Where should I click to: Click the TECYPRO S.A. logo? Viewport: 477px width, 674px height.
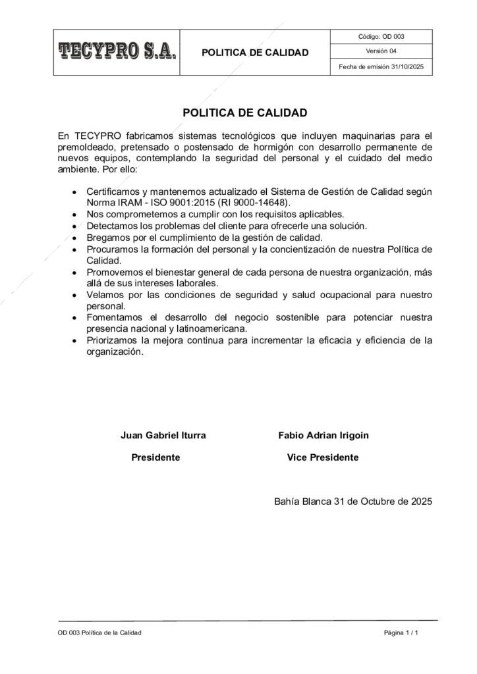pos(118,51)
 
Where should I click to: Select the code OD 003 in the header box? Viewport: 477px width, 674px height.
pos(381,37)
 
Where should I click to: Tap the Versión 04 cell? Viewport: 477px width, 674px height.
pos(381,51)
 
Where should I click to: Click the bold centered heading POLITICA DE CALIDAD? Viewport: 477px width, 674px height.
pos(244,113)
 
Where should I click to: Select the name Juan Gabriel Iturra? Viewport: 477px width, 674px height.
pos(163,435)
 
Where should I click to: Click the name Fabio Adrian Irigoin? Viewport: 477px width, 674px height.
pos(323,435)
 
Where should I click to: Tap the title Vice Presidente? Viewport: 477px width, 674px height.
pos(323,457)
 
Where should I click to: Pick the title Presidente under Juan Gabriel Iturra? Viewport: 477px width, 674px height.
pos(156,457)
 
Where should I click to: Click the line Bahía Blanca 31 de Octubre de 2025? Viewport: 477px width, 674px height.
pos(352,501)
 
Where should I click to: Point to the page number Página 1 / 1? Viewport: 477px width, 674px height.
pos(402,633)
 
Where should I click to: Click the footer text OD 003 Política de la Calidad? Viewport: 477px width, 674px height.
pos(99,633)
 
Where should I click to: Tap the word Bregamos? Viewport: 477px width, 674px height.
pos(108,237)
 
